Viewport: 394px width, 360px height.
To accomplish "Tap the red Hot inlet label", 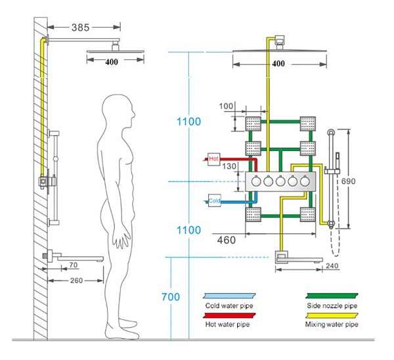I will point(213,158).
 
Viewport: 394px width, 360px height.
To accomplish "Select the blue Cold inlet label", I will point(214,199).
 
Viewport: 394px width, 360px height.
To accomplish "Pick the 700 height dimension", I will point(170,297).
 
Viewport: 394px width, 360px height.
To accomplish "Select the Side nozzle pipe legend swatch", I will point(332,296).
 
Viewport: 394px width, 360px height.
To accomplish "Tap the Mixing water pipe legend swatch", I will point(332,314).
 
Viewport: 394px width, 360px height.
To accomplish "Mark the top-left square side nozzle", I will point(254,123).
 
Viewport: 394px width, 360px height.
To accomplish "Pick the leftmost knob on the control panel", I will point(256,182).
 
